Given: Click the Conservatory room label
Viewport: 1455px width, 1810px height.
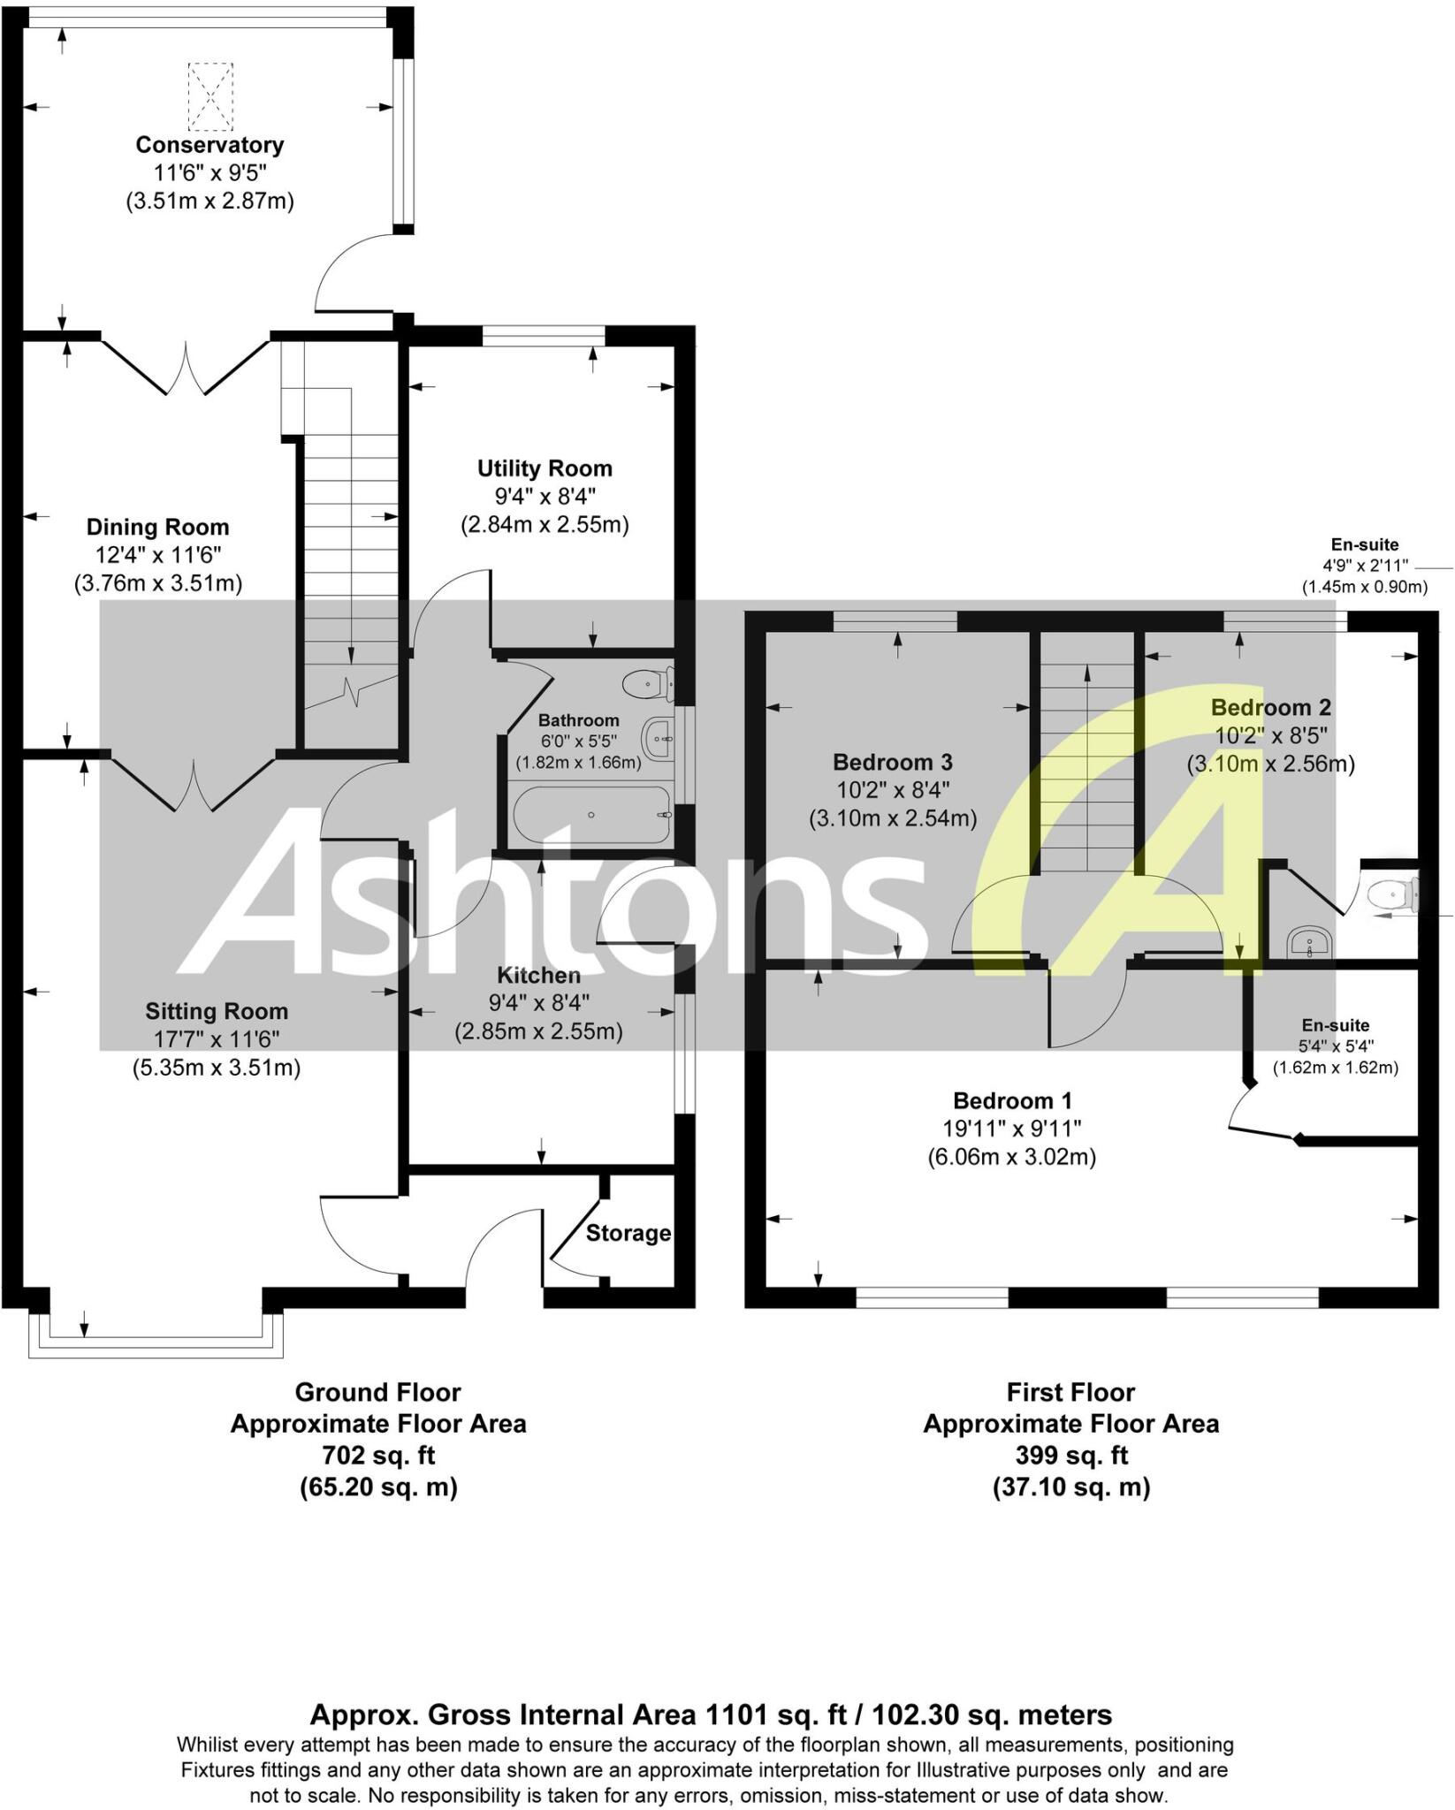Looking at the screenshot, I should click(209, 145).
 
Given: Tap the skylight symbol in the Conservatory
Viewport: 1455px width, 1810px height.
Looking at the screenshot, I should click(210, 95).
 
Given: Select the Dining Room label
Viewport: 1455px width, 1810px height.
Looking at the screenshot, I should click(157, 528).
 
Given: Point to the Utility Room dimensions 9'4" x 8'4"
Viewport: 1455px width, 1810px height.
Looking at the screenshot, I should click(545, 497).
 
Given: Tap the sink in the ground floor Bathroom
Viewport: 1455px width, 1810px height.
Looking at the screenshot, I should click(659, 738).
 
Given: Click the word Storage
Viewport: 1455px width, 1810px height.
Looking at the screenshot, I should click(628, 1233).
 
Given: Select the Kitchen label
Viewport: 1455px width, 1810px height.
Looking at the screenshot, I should click(538, 976).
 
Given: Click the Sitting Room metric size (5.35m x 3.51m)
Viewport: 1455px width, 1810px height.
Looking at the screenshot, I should click(217, 1068).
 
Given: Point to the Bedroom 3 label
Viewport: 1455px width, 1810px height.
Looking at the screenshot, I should click(893, 762).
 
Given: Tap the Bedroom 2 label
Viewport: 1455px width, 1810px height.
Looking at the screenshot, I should click(1270, 708).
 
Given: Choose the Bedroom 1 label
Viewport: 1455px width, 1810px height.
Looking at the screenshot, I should click(1012, 1101).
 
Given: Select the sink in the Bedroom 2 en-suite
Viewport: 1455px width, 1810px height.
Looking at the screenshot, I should click(1311, 941).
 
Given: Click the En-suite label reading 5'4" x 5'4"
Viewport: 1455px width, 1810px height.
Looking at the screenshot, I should click(1335, 1026).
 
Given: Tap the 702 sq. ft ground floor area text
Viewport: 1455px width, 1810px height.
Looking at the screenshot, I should click(377, 1455).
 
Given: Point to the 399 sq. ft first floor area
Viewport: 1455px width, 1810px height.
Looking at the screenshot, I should click(1070, 1455).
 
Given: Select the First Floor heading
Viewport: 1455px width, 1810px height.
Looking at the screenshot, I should click(1070, 1392).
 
